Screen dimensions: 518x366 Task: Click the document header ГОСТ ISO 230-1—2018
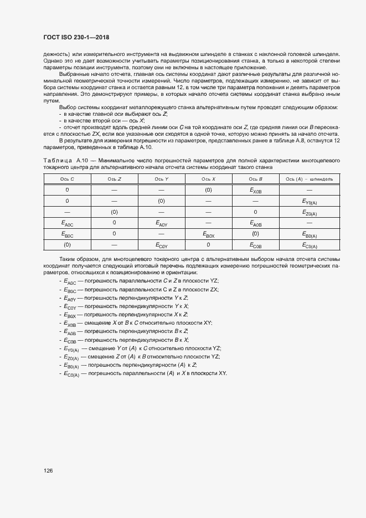click(x=76, y=37)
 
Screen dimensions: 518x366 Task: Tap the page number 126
click(x=48, y=470)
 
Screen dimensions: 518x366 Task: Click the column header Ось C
click(x=67, y=179)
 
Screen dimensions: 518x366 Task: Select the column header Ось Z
click(x=115, y=179)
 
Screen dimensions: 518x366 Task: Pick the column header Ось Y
click(x=162, y=179)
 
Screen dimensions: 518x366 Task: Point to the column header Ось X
click(x=208, y=179)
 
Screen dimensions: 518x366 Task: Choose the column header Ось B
click(x=255, y=179)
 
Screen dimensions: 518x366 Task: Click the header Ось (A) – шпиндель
click(x=309, y=179)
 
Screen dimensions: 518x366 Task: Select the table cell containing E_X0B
click(x=255, y=190)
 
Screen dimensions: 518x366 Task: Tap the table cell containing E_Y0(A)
click(x=309, y=201)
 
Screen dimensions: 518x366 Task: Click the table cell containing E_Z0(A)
click(x=309, y=212)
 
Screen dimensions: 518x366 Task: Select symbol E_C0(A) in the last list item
click(x=73, y=374)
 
